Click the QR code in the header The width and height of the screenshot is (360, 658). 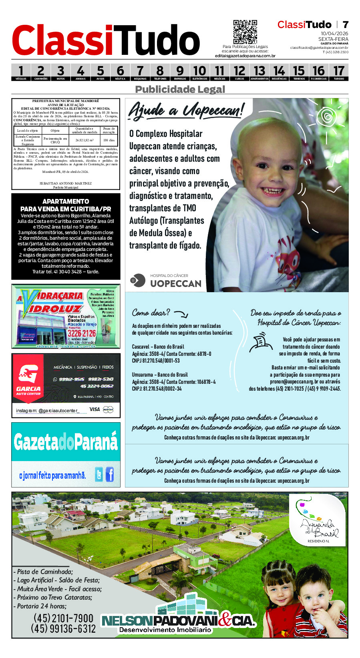(245, 32)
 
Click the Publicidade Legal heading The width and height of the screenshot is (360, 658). (180, 89)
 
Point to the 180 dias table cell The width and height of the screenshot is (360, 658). (109, 140)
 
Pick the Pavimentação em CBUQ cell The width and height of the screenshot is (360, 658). (55, 140)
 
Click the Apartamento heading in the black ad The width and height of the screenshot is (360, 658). (66, 201)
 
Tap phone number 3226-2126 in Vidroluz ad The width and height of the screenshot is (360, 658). (82, 333)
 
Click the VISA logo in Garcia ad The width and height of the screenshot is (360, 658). (95, 409)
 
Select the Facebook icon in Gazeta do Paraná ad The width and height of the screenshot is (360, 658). (109, 474)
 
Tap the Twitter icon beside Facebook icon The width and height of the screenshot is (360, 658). (99, 475)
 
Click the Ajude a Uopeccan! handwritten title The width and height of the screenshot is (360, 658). (185, 110)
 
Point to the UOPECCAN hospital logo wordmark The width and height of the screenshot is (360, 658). (175, 283)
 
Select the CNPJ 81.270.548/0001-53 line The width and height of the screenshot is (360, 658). (156, 361)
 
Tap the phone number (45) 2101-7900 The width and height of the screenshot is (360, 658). (63, 618)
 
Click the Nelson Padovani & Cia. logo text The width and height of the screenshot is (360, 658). (178, 621)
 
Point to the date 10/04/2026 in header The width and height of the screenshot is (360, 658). (334, 34)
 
